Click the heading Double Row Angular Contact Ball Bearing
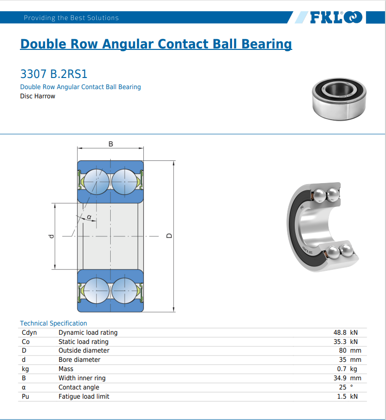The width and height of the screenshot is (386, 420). [156, 44]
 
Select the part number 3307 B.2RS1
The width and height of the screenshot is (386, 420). [54, 74]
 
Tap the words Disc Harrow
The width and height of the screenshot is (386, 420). [37, 96]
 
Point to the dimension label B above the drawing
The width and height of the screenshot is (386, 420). [111, 144]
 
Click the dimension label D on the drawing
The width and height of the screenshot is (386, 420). [168, 236]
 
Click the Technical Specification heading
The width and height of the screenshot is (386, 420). [53, 323]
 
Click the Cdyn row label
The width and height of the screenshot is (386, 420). [29, 332]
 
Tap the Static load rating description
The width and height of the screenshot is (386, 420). [84, 342]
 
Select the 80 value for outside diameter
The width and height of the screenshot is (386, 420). [342, 350]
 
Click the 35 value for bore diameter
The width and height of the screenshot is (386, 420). [342, 359]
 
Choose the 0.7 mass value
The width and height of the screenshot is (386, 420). [341, 369]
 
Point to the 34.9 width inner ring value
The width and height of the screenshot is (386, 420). [339, 378]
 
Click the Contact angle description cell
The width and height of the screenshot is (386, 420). [79, 387]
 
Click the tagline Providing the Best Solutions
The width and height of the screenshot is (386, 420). [71, 18]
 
